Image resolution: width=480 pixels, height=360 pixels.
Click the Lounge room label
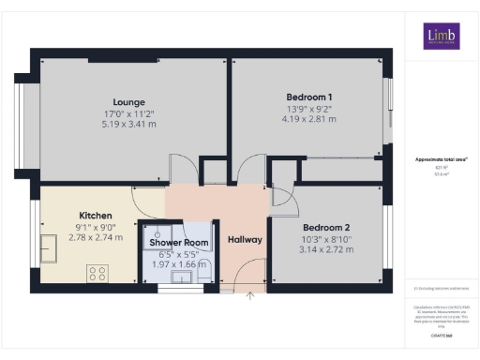[x=128, y=102]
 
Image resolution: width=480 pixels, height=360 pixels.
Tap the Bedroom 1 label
[x=308, y=97]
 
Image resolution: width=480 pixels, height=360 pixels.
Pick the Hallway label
[x=245, y=240]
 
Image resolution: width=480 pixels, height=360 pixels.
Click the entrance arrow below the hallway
[x=250, y=296]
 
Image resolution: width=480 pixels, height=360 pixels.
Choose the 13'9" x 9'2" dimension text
[x=308, y=108]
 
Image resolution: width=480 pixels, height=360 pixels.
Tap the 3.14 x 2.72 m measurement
[x=325, y=250]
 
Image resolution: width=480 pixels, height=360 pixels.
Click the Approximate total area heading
[x=441, y=159]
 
